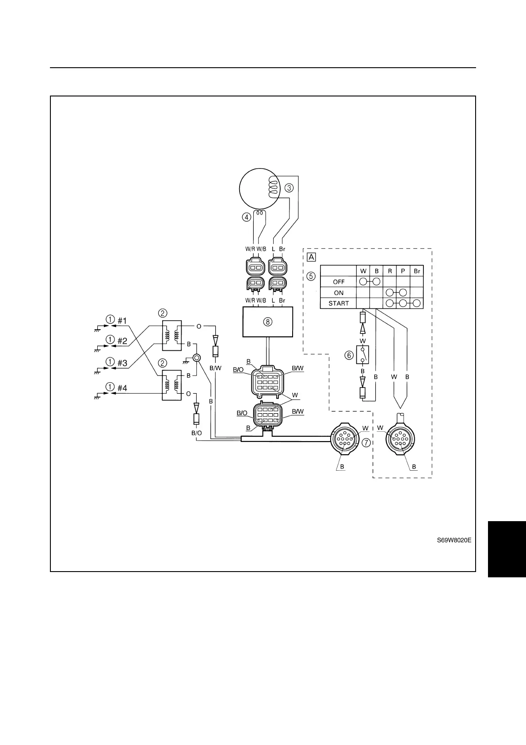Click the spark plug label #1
pos(122,320)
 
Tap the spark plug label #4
pos(122,388)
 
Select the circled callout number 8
pos(268,322)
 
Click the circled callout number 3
pos(288,188)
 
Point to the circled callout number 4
pos(246,217)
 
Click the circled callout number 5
pos(312,276)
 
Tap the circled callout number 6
pos(349,355)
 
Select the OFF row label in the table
pos(339,282)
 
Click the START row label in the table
pos(339,303)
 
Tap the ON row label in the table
pos(339,293)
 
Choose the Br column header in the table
pos(417,271)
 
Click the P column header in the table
pos(403,271)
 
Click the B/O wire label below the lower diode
pos(197,433)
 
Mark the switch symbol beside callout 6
pos(363,355)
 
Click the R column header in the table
pos(390,271)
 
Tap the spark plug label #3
pos(122,363)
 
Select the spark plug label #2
pos(122,341)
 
